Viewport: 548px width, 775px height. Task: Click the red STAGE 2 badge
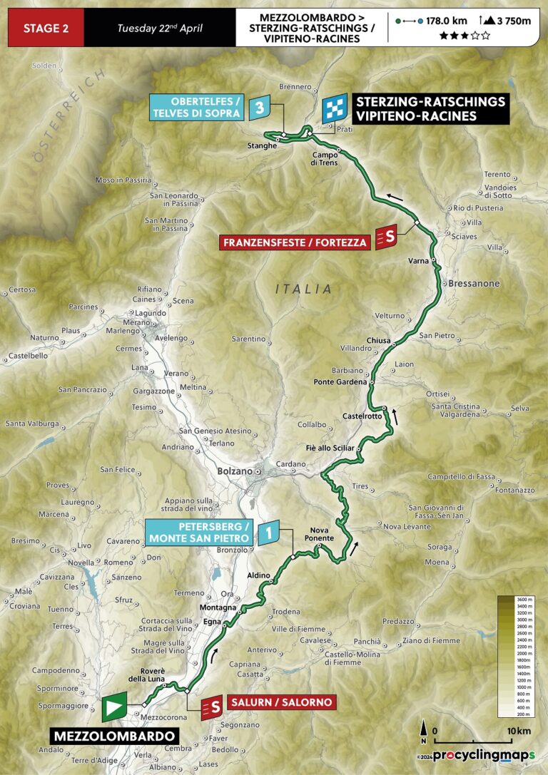pos(46,28)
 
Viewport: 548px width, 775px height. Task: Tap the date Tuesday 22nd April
pos(161,28)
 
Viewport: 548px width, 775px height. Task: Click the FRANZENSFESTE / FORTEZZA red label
pos(295,242)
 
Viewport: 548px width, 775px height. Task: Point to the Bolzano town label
pos(235,471)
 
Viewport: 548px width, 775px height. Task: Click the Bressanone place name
pos(474,283)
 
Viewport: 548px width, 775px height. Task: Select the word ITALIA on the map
pos(304,289)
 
